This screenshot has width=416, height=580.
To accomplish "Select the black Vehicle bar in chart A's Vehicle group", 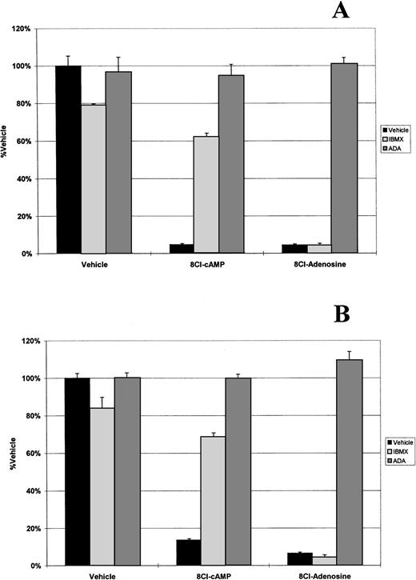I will tap(68, 159).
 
